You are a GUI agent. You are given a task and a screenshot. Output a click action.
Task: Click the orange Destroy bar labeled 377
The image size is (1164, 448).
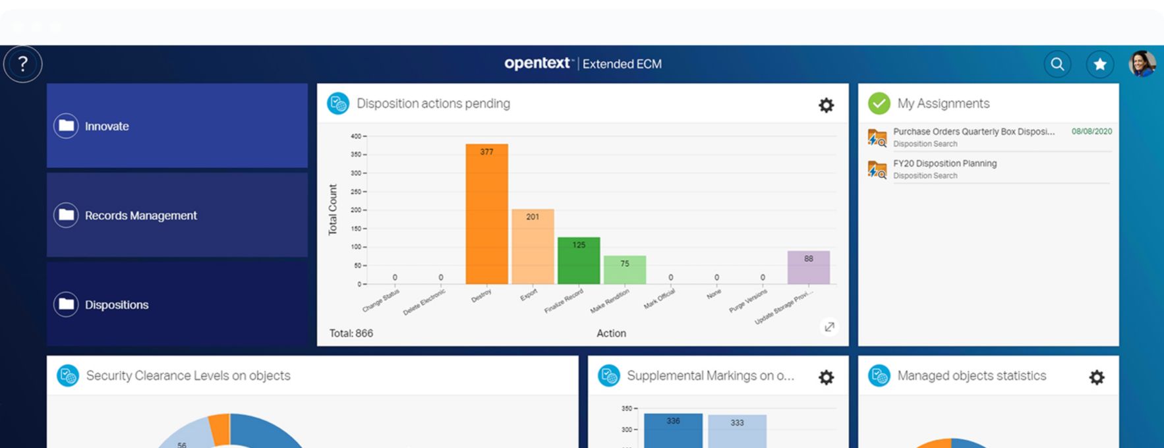tap(486, 214)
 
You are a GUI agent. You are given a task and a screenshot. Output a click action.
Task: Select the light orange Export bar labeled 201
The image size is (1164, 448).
tap(533, 246)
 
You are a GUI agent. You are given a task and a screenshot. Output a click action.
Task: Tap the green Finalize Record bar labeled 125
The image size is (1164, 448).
tap(579, 261)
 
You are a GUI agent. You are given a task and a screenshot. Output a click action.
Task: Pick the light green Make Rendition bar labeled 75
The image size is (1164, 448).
tap(625, 270)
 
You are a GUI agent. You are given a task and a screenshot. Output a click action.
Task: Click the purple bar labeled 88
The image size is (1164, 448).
tap(808, 267)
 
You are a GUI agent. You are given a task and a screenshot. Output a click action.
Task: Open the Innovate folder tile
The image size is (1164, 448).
tap(177, 126)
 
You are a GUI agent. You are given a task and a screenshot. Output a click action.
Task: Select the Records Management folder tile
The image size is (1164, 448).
tap(177, 215)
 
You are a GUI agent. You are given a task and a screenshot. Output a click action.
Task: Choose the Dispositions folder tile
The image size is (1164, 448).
tap(177, 304)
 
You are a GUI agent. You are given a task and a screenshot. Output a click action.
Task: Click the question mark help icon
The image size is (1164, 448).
tap(23, 64)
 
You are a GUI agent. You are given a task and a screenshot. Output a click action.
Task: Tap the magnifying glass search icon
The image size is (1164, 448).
tap(1057, 64)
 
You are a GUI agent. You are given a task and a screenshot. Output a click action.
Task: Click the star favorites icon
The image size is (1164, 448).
tap(1100, 64)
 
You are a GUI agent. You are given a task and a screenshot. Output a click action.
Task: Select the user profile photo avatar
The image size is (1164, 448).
tap(1142, 64)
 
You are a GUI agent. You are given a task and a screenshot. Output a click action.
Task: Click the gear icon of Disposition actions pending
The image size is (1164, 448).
tap(826, 105)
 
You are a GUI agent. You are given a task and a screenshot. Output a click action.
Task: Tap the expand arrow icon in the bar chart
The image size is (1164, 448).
tap(829, 327)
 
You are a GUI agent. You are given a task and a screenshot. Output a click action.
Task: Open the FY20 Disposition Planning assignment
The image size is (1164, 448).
tap(945, 163)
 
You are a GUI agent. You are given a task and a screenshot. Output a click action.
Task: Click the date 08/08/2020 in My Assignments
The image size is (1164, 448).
tap(1091, 132)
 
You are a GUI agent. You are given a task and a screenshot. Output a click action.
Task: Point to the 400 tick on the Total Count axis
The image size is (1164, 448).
tap(356, 136)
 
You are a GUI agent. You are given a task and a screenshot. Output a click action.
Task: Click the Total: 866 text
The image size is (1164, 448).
tap(351, 333)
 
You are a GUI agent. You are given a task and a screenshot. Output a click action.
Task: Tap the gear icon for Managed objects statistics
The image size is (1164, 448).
tap(1096, 377)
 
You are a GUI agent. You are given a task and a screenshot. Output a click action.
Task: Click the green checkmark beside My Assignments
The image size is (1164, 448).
tap(879, 103)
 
